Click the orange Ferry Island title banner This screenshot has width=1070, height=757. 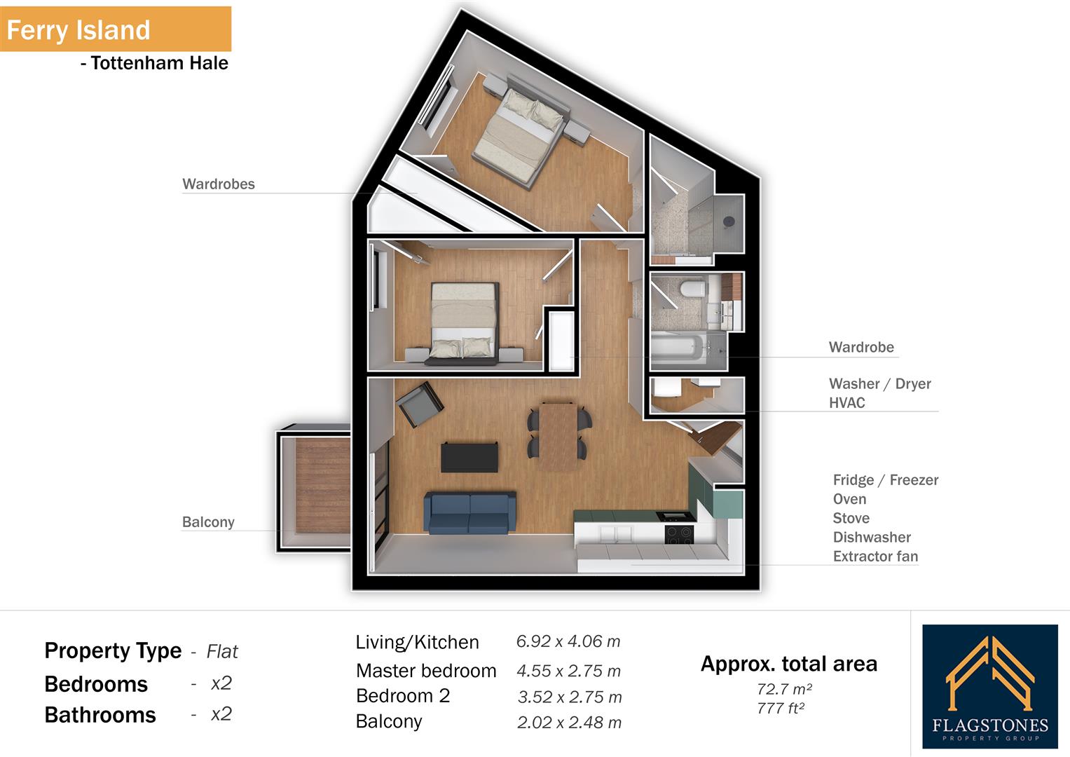point(115,29)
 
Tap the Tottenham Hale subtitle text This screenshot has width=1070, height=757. point(154,63)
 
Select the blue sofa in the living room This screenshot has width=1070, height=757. point(469,513)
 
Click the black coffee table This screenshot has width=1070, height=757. point(469,457)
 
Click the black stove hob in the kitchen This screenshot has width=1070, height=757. point(678,535)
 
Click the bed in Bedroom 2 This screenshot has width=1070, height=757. point(463,322)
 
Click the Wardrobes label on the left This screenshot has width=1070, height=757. point(219,184)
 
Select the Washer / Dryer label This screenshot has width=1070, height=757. point(879,383)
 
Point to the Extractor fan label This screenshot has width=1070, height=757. point(875,557)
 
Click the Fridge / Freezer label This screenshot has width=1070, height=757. point(885,480)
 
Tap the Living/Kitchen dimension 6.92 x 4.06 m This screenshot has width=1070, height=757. point(568,641)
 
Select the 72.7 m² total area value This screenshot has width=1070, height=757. point(784,689)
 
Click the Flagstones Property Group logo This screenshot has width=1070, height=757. point(989,686)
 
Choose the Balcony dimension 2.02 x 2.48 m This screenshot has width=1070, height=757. point(569,723)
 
